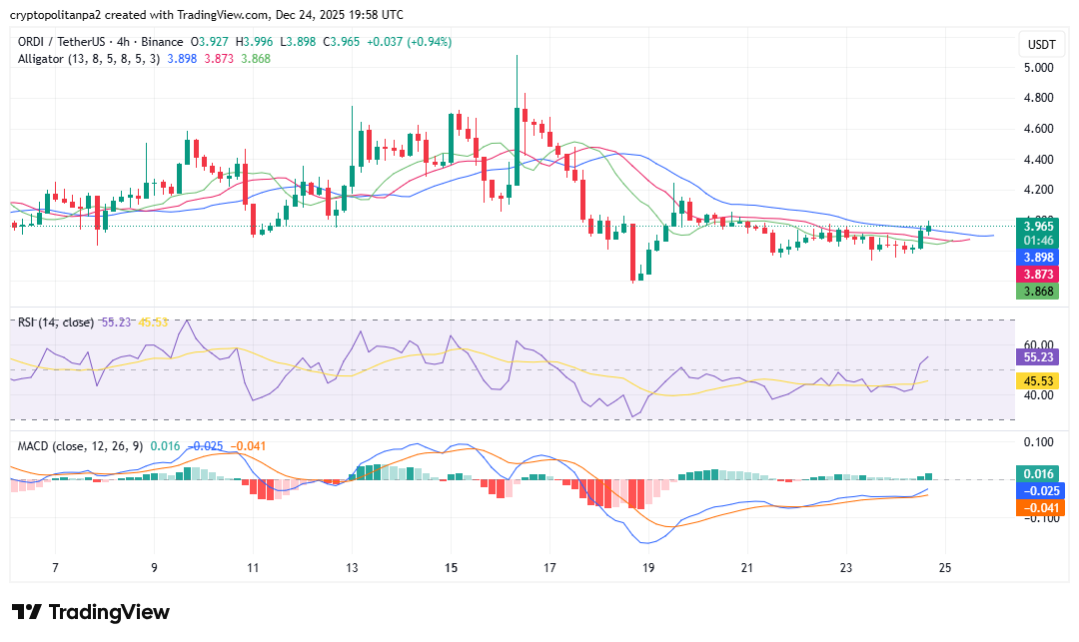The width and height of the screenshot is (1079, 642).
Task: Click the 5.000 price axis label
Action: pyautogui.click(x=1040, y=68)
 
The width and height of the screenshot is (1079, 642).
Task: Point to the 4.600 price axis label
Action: pyautogui.click(x=1040, y=129)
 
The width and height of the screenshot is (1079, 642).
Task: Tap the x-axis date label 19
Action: pyautogui.click(x=648, y=568)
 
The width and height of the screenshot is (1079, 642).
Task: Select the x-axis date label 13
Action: pyautogui.click(x=352, y=568)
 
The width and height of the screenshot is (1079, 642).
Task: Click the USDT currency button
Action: pyautogui.click(x=1042, y=45)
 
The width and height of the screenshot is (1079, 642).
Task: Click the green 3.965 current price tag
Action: pyautogui.click(x=1037, y=227)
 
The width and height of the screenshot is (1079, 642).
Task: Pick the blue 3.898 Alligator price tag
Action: pyautogui.click(x=1037, y=257)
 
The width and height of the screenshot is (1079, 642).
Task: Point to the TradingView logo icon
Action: pyautogui.click(x=26, y=612)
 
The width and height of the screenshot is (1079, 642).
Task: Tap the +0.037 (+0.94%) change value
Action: pyautogui.click(x=410, y=42)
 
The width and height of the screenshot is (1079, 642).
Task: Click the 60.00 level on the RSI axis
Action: pyautogui.click(x=1039, y=344)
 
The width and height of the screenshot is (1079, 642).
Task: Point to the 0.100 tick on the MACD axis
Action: pyautogui.click(x=1040, y=442)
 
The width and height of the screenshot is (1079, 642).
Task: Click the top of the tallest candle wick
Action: pyautogui.click(x=517, y=55)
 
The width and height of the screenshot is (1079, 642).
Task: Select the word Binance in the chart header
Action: pyautogui.click(x=161, y=42)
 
